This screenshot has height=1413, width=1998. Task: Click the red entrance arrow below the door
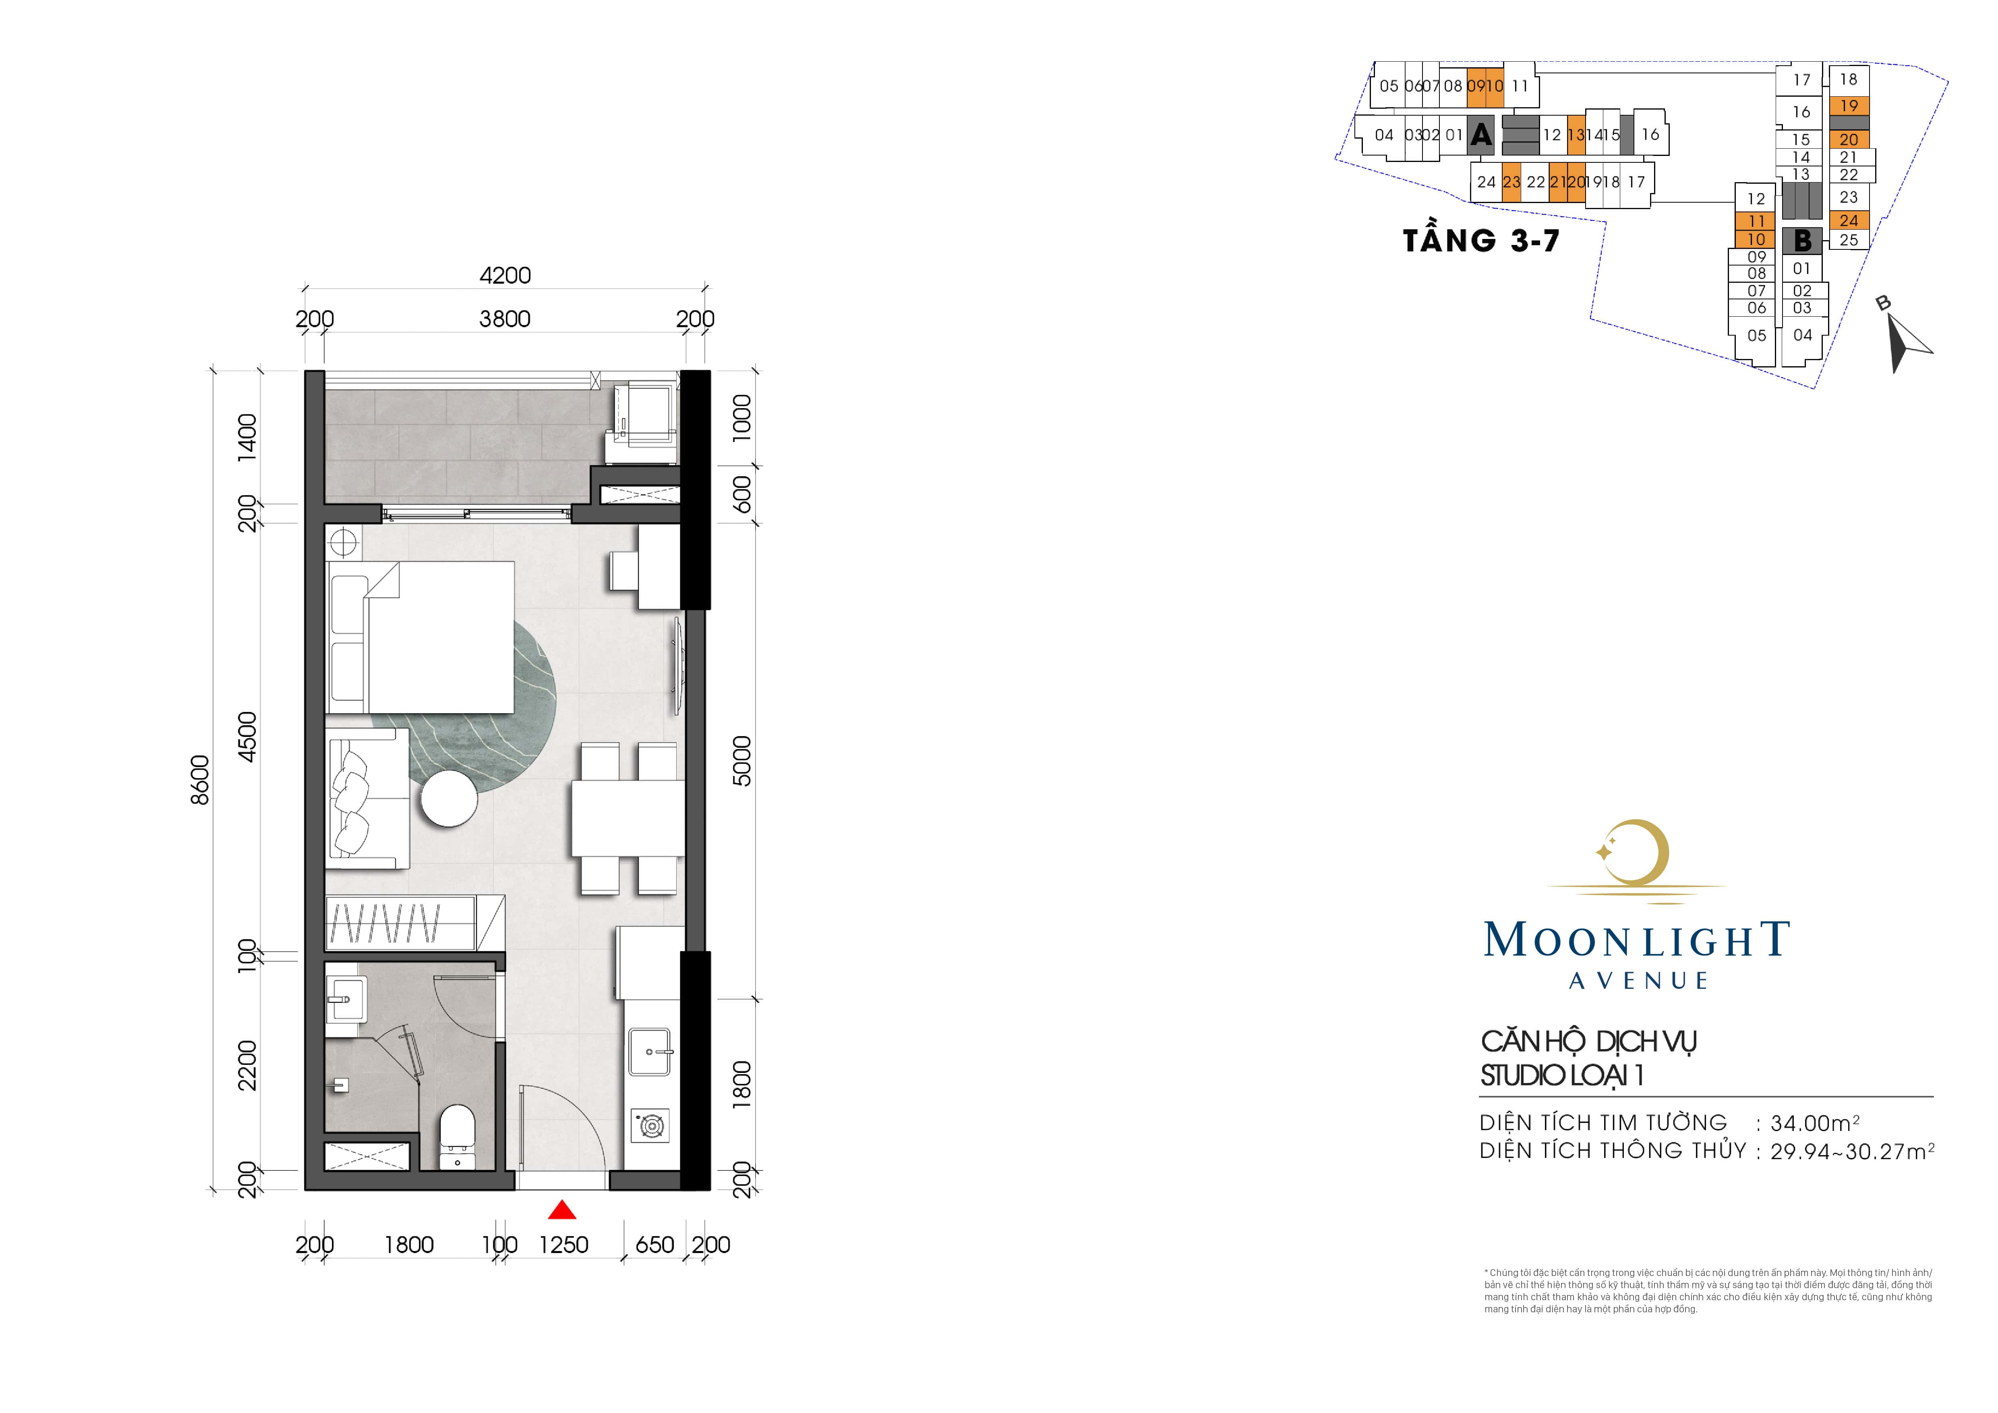pos(562,1210)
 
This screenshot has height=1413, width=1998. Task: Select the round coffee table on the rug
pos(449,798)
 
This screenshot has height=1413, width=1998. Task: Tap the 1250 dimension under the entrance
pos(564,1245)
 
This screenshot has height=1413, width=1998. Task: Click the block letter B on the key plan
pos(1801,240)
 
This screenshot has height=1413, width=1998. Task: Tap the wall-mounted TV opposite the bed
pos(680,666)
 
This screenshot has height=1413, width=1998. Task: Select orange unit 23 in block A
pos(1511,182)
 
